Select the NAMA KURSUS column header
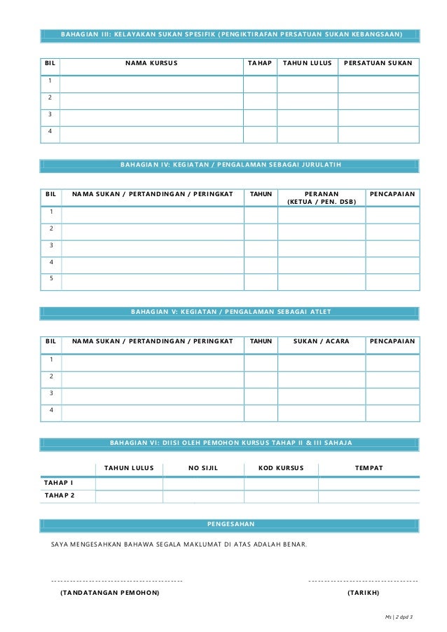pyautogui.click(x=151, y=64)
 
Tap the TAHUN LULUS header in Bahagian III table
pyautogui.click(x=307, y=64)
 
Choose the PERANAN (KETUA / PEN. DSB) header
pyautogui.click(x=322, y=197)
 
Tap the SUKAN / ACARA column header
pyautogui.click(x=322, y=341)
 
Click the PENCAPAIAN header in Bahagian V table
pyautogui.click(x=392, y=341)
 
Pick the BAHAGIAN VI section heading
pyautogui.click(x=231, y=444)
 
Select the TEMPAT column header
pyautogui.click(x=369, y=467)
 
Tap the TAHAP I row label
pyautogui.click(x=60, y=483)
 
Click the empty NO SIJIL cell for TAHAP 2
pyautogui.click(x=203, y=497)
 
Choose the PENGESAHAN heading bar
pyautogui.click(x=231, y=524)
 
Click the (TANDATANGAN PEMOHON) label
pyautogui.click(x=109, y=593)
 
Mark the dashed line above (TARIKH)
pyautogui.click(x=363, y=581)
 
